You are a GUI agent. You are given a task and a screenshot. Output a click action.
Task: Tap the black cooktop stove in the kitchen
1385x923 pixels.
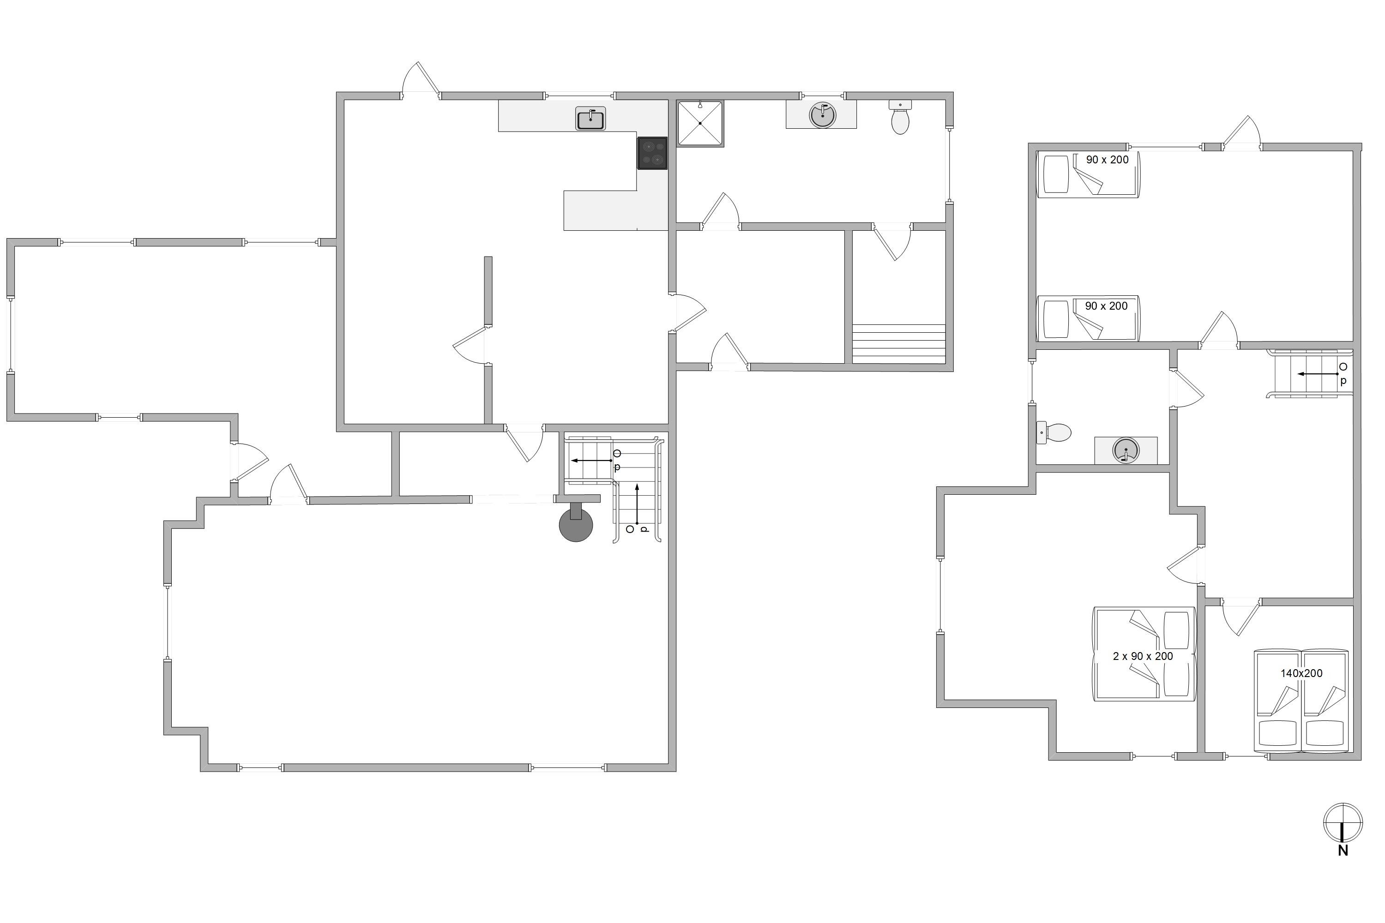(652, 153)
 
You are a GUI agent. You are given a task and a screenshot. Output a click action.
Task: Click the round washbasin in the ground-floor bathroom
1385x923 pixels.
(823, 115)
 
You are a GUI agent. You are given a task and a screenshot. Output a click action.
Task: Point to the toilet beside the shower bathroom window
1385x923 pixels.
(900, 117)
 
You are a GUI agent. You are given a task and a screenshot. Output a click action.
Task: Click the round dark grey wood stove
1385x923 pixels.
(576, 521)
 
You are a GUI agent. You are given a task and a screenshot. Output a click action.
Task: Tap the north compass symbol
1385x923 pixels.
(1343, 822)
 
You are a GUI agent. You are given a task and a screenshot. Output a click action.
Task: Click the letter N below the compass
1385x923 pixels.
(1343, 851)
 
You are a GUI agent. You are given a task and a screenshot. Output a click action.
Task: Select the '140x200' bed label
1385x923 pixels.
(1301, 673)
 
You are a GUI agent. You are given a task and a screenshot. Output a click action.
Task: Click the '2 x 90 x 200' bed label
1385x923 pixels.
(1143, 656)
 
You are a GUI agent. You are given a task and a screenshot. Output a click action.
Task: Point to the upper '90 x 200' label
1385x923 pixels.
(1107, 160)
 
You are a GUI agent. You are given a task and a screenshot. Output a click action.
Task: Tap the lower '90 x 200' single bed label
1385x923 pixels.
(1107, 306)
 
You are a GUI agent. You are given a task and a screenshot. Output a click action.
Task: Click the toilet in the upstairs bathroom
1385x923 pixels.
(1054, 433)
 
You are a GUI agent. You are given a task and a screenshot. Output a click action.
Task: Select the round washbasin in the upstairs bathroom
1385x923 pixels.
(1126, 451)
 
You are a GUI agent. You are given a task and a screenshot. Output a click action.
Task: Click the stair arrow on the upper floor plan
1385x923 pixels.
(1318, 374)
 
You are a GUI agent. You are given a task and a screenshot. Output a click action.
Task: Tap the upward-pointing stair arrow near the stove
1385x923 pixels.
(637, 504)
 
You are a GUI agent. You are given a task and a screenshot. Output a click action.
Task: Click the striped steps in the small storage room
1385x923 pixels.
(898, 344)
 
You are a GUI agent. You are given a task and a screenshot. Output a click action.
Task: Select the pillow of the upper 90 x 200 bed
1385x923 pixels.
(1056, 174)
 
